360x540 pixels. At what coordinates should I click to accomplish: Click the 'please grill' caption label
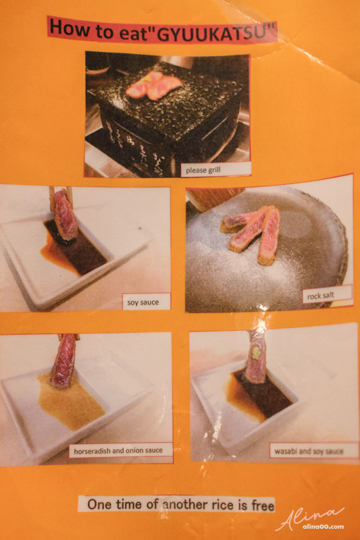pyautogui.click(x=215, y=169)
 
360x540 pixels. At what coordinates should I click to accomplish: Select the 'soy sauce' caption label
pyautogui.click(x=147, y=302)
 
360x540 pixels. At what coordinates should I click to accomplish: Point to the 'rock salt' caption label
pyautogui.click(x=328, y=294)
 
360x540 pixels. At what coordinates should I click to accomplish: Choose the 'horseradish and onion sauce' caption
pyautogui.click(x=121, y=450)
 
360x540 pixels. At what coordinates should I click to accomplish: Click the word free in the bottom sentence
pyautogui.click(x=263, y=506)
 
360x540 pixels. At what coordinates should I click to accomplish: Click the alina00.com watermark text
pyautogui.click(x=323, y=526)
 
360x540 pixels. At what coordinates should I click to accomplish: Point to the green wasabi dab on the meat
pyautogui.click(x=256, y=352)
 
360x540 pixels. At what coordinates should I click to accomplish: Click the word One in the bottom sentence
pyautogui.click(x=99, y=504)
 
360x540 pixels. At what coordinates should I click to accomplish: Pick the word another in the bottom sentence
pyautogui.click(x=184, y=505)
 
